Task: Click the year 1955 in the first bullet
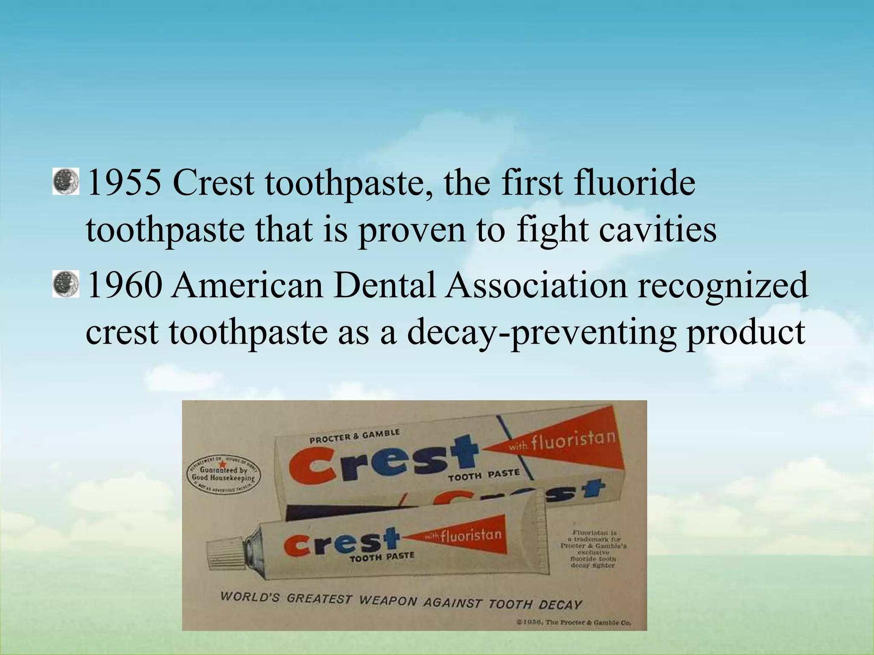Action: point(124,183)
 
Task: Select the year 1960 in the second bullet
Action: point(124,285)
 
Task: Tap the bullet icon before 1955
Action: point(66,182)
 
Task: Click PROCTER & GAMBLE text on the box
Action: point(354,436)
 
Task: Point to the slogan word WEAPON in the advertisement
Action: point(388,600)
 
